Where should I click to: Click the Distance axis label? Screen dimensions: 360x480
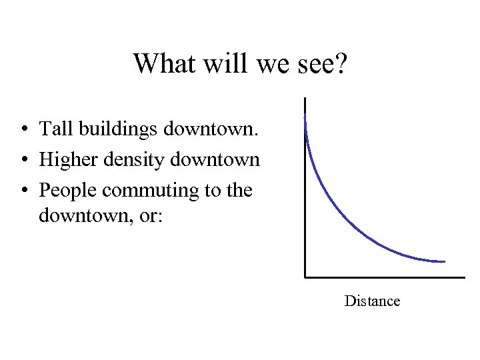coord(372,301)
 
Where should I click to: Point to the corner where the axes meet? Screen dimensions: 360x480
coord(305,276)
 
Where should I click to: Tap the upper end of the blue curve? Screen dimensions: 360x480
coord(305,117)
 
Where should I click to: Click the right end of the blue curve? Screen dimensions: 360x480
coord(444,261)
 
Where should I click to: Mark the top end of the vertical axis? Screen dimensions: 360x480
coord(305,99)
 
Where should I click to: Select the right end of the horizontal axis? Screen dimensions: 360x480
coord(464,276)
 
